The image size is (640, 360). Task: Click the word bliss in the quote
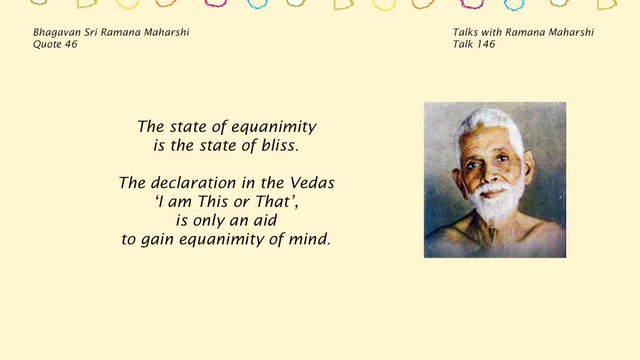pyautogui.click(x=279, y=145)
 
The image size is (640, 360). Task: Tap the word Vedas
pyautogui.click(x=312, y=183)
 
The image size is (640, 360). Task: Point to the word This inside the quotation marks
pyautogui.click(x=212, y=202)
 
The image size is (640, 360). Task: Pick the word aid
pyautogui.click(x=265, y=221)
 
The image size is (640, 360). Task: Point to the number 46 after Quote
pyautogui.click(x=71, y=44)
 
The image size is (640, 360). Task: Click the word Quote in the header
pyautogui.click(x=47, y=44)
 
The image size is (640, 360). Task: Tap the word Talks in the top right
pyautogui.click(x=465, y=32)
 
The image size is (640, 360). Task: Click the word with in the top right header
pyautogui.click(x=491, y=32)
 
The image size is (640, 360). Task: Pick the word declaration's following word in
pyautogui.click(x=247, y=183)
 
